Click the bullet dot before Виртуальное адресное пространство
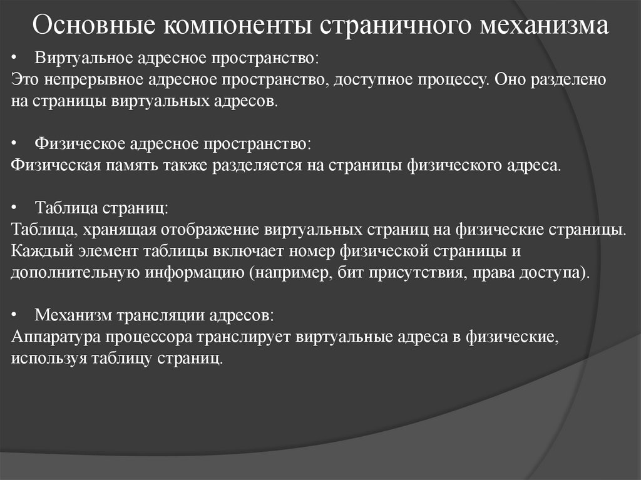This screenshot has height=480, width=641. tap(16, 59)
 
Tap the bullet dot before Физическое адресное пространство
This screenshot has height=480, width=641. tap(16, 145)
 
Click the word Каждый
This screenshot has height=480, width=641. tap(35, 252)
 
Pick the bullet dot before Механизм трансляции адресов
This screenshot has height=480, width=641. tap(16, 315)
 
